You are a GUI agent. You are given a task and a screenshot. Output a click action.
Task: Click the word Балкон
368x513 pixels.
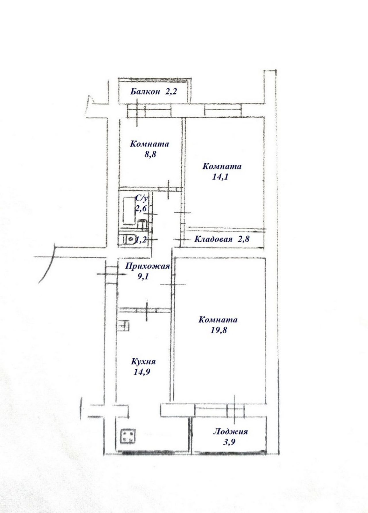pos(145,92)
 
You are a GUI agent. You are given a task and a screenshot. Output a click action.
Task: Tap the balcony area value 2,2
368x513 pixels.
pos(170,92)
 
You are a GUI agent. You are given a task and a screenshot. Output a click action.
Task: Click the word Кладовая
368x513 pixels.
pos(213,239)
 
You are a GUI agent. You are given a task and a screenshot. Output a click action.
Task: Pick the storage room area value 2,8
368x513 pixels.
pos(243,239)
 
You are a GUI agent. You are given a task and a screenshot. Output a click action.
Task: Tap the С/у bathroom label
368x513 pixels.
pos(141,198)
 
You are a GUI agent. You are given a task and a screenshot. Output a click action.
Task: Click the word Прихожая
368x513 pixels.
pos(147,266)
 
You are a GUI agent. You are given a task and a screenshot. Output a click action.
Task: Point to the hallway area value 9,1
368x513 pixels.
pos(144,276)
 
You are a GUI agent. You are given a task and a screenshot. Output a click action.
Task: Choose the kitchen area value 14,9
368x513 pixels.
pos(142,372)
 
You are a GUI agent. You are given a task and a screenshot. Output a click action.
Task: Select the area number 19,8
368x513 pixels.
pos(218,330)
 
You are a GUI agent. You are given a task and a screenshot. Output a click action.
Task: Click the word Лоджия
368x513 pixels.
pos(230,431)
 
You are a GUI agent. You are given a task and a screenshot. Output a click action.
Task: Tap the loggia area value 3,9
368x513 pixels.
pos(229,442)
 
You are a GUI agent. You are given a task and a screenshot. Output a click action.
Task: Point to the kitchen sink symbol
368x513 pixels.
pos(124,326)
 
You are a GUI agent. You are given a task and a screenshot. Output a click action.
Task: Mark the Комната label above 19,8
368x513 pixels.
pos(218,320)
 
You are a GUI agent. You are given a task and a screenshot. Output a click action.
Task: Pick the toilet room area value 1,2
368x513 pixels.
pos(141,240)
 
